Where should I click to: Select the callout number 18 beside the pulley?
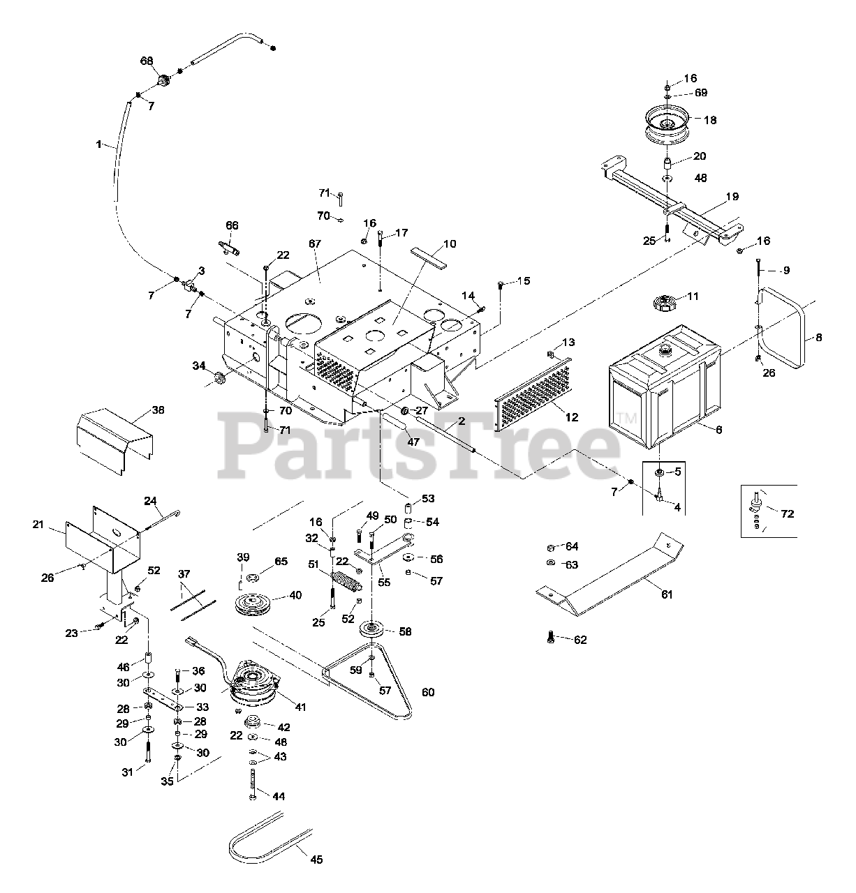tap(709, 120)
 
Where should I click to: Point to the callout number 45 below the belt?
tap(316, 860)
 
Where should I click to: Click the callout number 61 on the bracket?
tap(667, 594)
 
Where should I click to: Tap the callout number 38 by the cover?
tap(158, 410)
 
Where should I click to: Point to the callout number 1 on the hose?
tap(98, 144)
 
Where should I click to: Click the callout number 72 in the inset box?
tap(787, 514)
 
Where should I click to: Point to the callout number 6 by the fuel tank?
tap(718, 430)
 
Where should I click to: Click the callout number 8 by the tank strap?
tap(818, 338)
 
